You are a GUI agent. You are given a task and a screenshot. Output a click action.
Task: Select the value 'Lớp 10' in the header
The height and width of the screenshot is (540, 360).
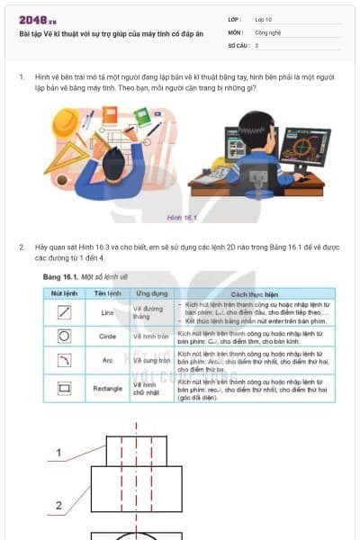click(265, 18)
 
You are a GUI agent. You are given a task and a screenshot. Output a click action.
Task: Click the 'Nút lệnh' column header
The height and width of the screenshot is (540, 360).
click(64, 293)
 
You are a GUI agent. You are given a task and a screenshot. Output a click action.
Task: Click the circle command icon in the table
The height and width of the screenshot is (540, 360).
click(64, 336)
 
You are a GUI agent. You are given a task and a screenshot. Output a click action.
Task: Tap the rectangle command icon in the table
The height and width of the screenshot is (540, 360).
click(64, 388)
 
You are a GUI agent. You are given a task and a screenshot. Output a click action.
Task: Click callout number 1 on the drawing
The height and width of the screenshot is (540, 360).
click(58, 453)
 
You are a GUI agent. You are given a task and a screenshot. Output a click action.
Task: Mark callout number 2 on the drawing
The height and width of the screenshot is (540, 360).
click(58, 506)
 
